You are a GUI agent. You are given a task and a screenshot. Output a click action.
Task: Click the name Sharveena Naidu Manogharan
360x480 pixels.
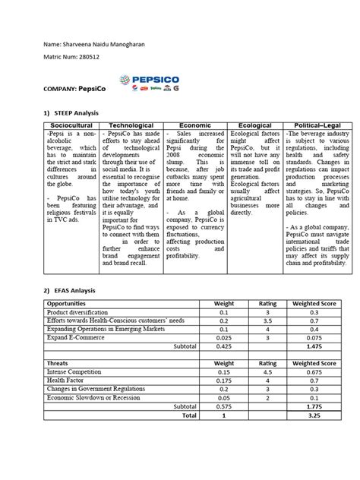(x=96, y=47)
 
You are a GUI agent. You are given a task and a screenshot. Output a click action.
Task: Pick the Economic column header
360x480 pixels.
(x=194, y=124)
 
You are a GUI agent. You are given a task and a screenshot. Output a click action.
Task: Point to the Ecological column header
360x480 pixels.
(x=249, y=124)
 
